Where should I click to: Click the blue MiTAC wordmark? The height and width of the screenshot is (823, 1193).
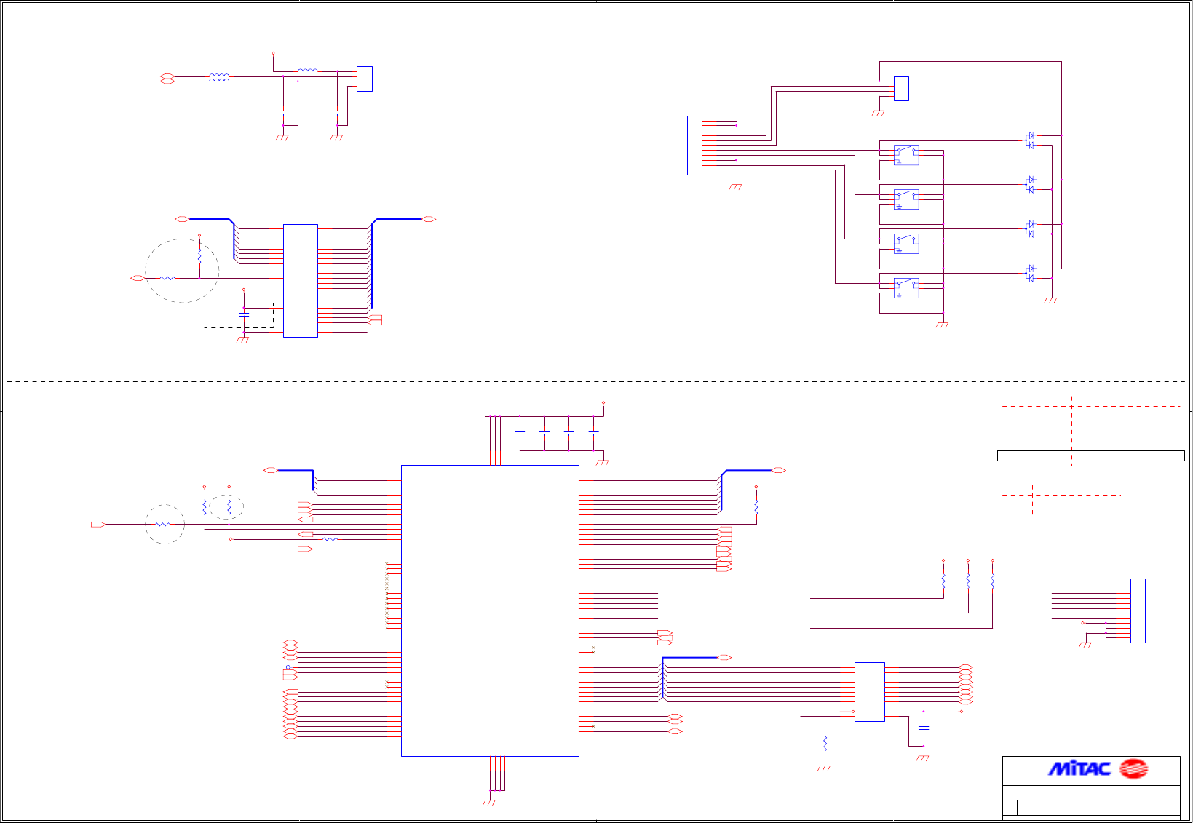[x=1079, y=768]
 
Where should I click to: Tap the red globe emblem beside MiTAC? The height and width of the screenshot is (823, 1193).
[x=1133, y=768]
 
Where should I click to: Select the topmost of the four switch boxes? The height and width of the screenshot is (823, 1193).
[x=906, y=155]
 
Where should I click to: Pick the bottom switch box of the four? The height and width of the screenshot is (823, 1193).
[x=906, y=288]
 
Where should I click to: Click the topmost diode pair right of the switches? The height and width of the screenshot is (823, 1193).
[x=1030, y=140]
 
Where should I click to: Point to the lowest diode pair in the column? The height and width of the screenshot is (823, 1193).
[x=1030, y=273]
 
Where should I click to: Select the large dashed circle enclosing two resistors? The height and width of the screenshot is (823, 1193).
[x=182, y=270]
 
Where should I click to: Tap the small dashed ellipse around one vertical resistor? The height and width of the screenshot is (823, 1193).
[x=226, y=506]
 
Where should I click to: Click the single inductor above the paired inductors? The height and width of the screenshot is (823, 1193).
[x=308, y=71]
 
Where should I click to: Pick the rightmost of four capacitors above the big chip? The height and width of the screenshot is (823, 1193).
[x=594, y=432]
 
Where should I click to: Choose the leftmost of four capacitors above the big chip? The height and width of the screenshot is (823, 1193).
[x=520, y=432]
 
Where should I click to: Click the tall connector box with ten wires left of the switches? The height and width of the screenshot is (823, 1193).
[x=694, y=146]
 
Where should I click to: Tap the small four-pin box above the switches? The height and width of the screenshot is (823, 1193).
[x=901, y=89]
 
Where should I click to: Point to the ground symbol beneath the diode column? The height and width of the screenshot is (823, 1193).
[x=1050, y=300]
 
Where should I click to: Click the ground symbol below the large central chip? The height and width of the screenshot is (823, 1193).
[x=489, y=802]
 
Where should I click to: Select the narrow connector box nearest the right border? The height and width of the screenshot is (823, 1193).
[x=1138, y=611]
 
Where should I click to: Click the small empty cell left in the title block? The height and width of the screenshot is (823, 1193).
[x=1010, y=808]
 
